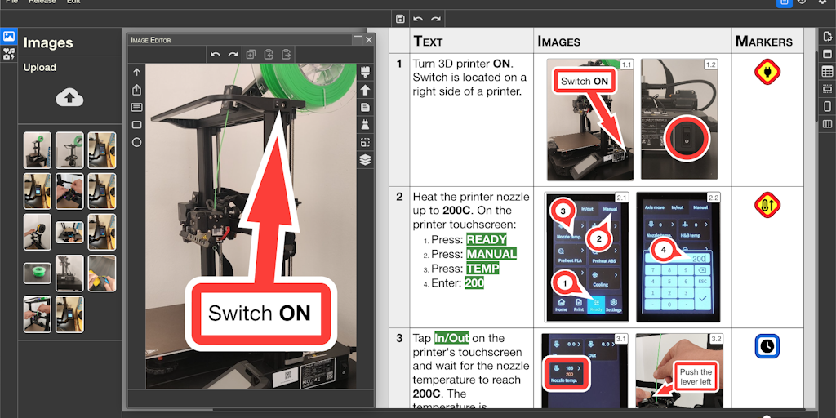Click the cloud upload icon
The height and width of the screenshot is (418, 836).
coord(69,97)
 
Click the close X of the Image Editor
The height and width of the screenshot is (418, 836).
coord(369,39)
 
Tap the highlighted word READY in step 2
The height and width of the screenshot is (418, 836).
coord(486,240)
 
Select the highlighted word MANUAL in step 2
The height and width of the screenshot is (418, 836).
coord(491,254)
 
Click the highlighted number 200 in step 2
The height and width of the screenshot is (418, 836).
coord(474,283)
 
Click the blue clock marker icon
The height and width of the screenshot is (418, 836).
coord(767,346)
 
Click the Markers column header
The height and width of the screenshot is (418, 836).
coord(763,41)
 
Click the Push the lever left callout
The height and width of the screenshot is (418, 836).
coord(696,377)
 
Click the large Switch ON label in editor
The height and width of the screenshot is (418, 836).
coord(260,313)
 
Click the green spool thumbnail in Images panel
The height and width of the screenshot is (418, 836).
coord(38,271)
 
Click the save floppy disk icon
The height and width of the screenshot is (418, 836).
coord(399,19)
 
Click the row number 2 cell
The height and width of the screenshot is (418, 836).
coord(399,197)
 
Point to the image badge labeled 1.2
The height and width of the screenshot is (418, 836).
coord(710,64)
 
